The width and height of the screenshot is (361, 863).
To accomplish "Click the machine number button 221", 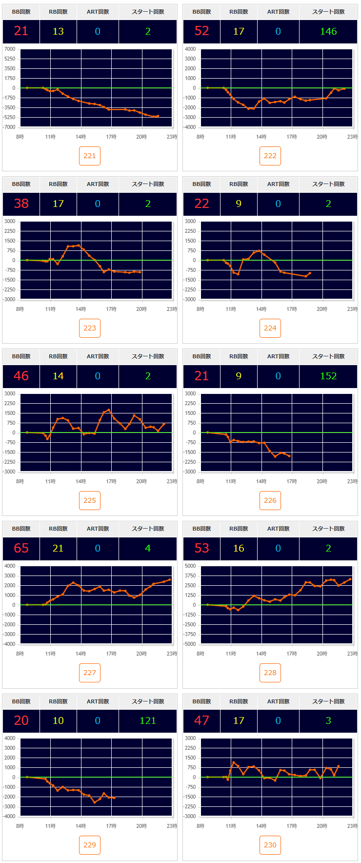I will pyautogui.click(x=90, y=156).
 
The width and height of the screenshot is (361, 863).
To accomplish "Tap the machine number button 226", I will pyautogui.click(x=270, y=500).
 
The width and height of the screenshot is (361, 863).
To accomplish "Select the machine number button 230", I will pyautogui.click(x=270, y=845).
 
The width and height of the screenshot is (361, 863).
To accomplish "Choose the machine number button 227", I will pyautogui.click(x=90, y=673).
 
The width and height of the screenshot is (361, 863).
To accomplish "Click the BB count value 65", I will pyautogui.click(x=21, y=548).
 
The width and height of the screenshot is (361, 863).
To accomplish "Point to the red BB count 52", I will pyautogui.click(x=201, y=31).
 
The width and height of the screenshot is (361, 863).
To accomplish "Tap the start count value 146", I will pyautogui.click(x=328, y=31).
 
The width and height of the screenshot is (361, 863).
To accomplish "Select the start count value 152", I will pyautogui.click(x=328, y=376).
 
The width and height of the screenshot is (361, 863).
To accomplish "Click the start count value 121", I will pyautogui.click(x=148, y=720).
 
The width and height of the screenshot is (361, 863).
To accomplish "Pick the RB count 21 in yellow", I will pyautogui.click(x=58, y=548).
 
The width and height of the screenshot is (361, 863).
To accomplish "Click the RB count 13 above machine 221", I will pyautogui.click(x=58, y=31).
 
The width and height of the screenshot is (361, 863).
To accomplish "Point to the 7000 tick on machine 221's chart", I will pyautogui.click(x=10, y=49).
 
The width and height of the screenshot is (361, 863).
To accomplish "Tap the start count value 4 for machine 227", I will pyautogui.click(x=148, y=548).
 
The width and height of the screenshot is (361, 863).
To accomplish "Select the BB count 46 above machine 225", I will pyautogui.click(x=21, y=376).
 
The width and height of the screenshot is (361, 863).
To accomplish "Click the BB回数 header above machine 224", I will pyautogui.click(x=201, y=184).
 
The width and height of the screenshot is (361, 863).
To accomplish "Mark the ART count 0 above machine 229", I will pyautogui.click(x=98, y=720).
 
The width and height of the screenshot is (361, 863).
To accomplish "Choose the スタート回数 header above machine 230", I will pyautogui.click(x=328, y=701).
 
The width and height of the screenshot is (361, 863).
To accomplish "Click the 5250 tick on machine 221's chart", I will pyautogui.click(x=10, y=59).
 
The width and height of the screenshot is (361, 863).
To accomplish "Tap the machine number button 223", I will pyautogui.click(x=90, y=328).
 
